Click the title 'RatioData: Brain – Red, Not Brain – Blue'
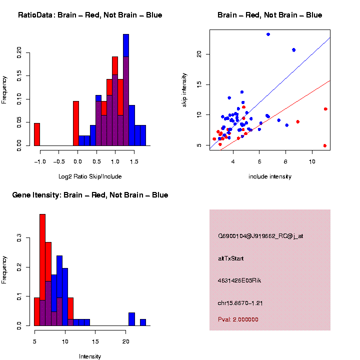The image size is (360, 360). pos(90,15)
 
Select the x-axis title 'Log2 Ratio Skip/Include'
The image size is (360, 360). pos(90,176)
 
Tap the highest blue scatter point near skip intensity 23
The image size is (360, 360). pos(268,34)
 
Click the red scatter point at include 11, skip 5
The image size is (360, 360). pos(325,145)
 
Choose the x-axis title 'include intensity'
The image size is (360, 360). pos(270,176)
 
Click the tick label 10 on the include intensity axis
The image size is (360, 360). pos(312,161)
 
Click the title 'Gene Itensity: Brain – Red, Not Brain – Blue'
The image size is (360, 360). pos(90,195)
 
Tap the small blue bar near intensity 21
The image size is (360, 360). pos(132,319)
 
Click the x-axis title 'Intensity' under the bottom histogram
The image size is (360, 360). pos(90,356)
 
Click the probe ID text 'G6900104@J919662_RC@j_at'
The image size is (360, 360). pos(260,236)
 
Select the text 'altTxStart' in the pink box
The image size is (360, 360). pos(230,258)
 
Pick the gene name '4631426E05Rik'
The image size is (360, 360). pos(239,280)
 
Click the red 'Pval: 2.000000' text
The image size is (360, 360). pos(238,319)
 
